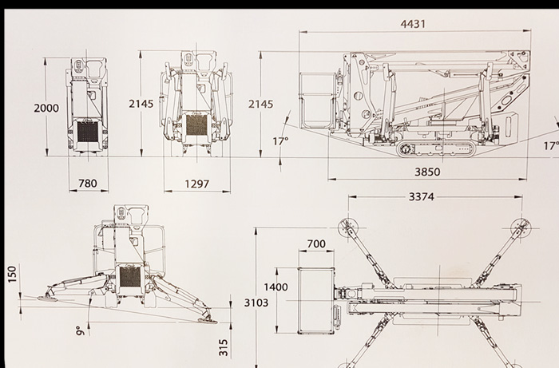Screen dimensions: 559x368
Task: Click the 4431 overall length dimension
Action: pos(413,24)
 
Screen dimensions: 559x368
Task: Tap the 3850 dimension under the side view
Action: pos(427,172)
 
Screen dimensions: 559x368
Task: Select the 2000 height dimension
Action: pos(46,108)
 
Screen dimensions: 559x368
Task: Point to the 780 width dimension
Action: pos(88,184)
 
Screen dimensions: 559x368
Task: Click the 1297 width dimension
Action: pos(196,184)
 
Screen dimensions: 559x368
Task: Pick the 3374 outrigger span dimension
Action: pos(421,196)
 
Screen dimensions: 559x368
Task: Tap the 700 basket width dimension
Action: pos(316,243)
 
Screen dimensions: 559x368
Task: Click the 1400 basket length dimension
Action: pos(276,287)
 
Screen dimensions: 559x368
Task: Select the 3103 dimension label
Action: pos(256,303)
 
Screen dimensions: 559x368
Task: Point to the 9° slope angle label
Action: pos(80,330)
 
